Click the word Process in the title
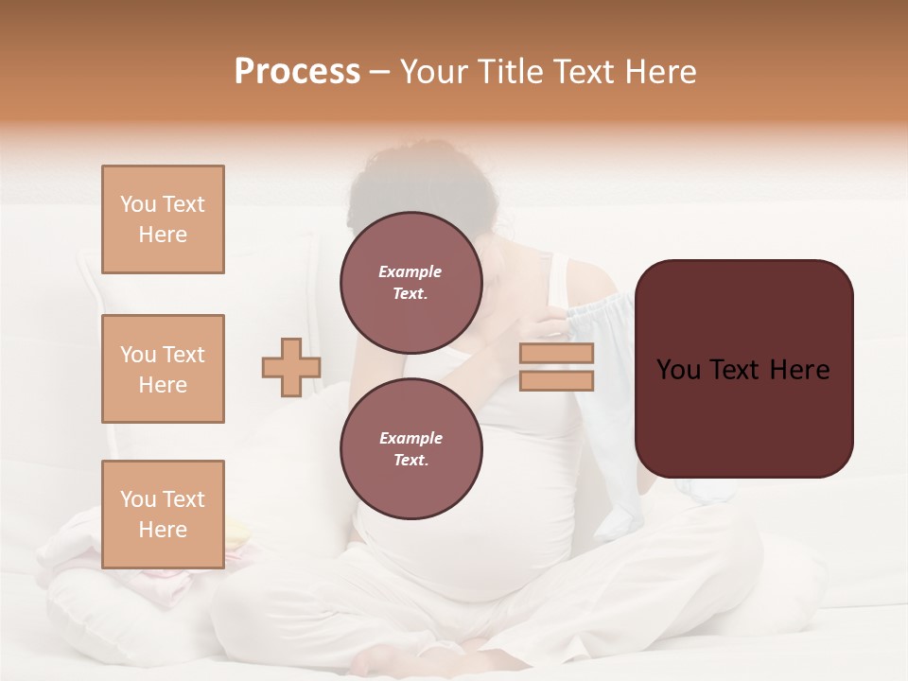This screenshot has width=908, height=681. click(x=297, y=72)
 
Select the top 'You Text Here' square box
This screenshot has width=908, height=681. click(x=163, y=219)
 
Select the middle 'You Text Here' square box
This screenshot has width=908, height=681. click(x=163, y=369)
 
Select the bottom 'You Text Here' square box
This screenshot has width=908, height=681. click(x=163, y=515)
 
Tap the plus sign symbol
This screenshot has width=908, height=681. click(x=291, y=367)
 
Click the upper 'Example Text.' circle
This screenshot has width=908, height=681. click(x=410, y=282)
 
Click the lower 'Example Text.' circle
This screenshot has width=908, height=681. click(x=410, y=448)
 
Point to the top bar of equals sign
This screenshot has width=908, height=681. click(x=556, y=354)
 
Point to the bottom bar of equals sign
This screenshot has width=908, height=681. click(x=556, y=380)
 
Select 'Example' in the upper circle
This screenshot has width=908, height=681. click(x=410, y=271)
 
